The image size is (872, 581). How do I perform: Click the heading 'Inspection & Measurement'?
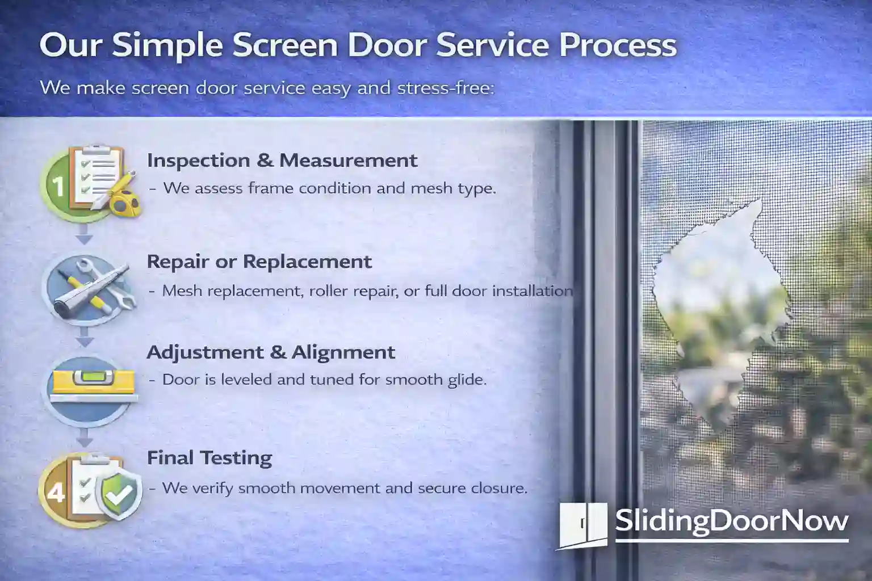(x=282, y=161)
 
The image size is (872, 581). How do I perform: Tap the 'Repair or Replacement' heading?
(x=259, y=262)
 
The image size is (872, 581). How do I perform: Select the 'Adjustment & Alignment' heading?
(x=271, y=352)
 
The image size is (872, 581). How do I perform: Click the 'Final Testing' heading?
(x=209, y=458)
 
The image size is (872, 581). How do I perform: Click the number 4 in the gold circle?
(x=55, y=492)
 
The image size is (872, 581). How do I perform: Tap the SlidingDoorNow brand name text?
(x=732, y=520)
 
